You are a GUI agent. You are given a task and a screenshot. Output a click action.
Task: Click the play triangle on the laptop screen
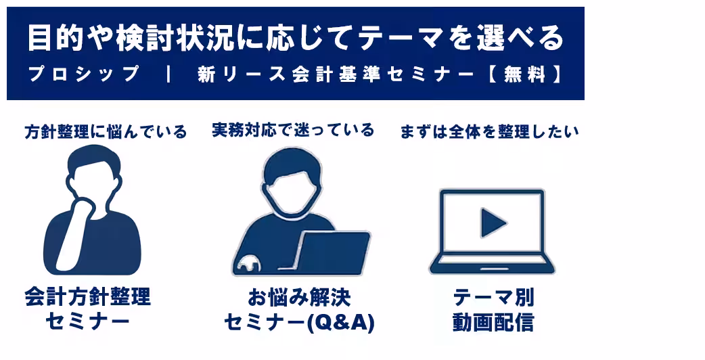coord(493,223)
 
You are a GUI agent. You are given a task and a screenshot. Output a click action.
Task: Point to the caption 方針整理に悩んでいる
coord(105,131)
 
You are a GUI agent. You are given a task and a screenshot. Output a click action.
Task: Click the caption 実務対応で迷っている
coord(292,130)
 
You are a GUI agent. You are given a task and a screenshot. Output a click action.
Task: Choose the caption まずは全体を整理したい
coord(489,131)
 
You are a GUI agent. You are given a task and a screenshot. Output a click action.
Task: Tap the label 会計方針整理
coord(87,297)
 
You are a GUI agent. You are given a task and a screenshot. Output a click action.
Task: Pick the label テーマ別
coord(493,297)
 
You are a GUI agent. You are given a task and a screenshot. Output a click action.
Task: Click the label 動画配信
coord(493,323)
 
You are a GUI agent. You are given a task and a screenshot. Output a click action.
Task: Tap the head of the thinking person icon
coord(95,169)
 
